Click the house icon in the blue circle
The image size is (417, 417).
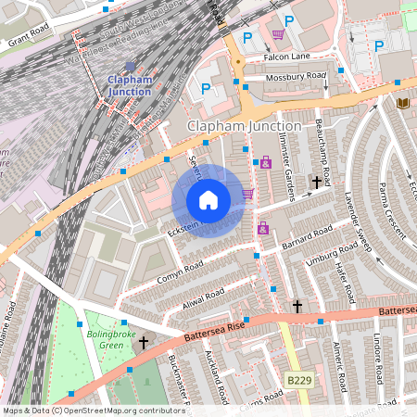coord(208,199)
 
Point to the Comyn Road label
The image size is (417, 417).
coord(180,269)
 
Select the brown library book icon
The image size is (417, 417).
coord(402,102)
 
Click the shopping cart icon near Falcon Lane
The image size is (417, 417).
coord(278,35)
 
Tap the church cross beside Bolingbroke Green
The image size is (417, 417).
coord(144,343)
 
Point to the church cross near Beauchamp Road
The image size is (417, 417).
coord(316,183)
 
